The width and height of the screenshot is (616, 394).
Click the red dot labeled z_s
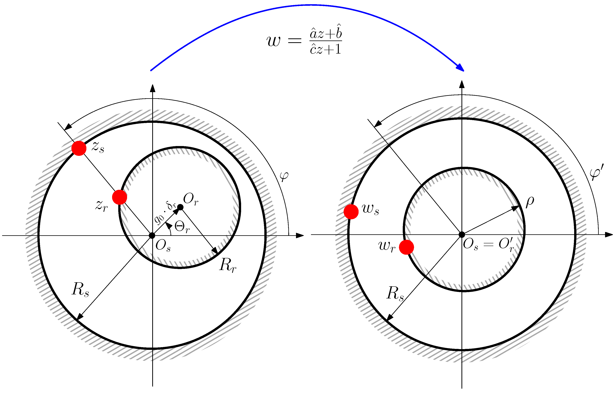pos(79,148)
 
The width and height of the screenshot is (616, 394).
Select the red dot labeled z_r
pos(120,197)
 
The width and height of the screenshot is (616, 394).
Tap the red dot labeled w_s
pos(351,211)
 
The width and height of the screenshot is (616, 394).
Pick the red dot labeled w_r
pos(406,247)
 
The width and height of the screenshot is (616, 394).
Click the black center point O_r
pos(180,207)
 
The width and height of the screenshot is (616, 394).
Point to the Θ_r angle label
pos(182,227)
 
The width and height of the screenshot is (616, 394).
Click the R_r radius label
pos(227,265)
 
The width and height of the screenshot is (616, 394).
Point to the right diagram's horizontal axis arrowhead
pos(609,234)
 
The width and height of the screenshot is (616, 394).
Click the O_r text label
pos(191,199)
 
